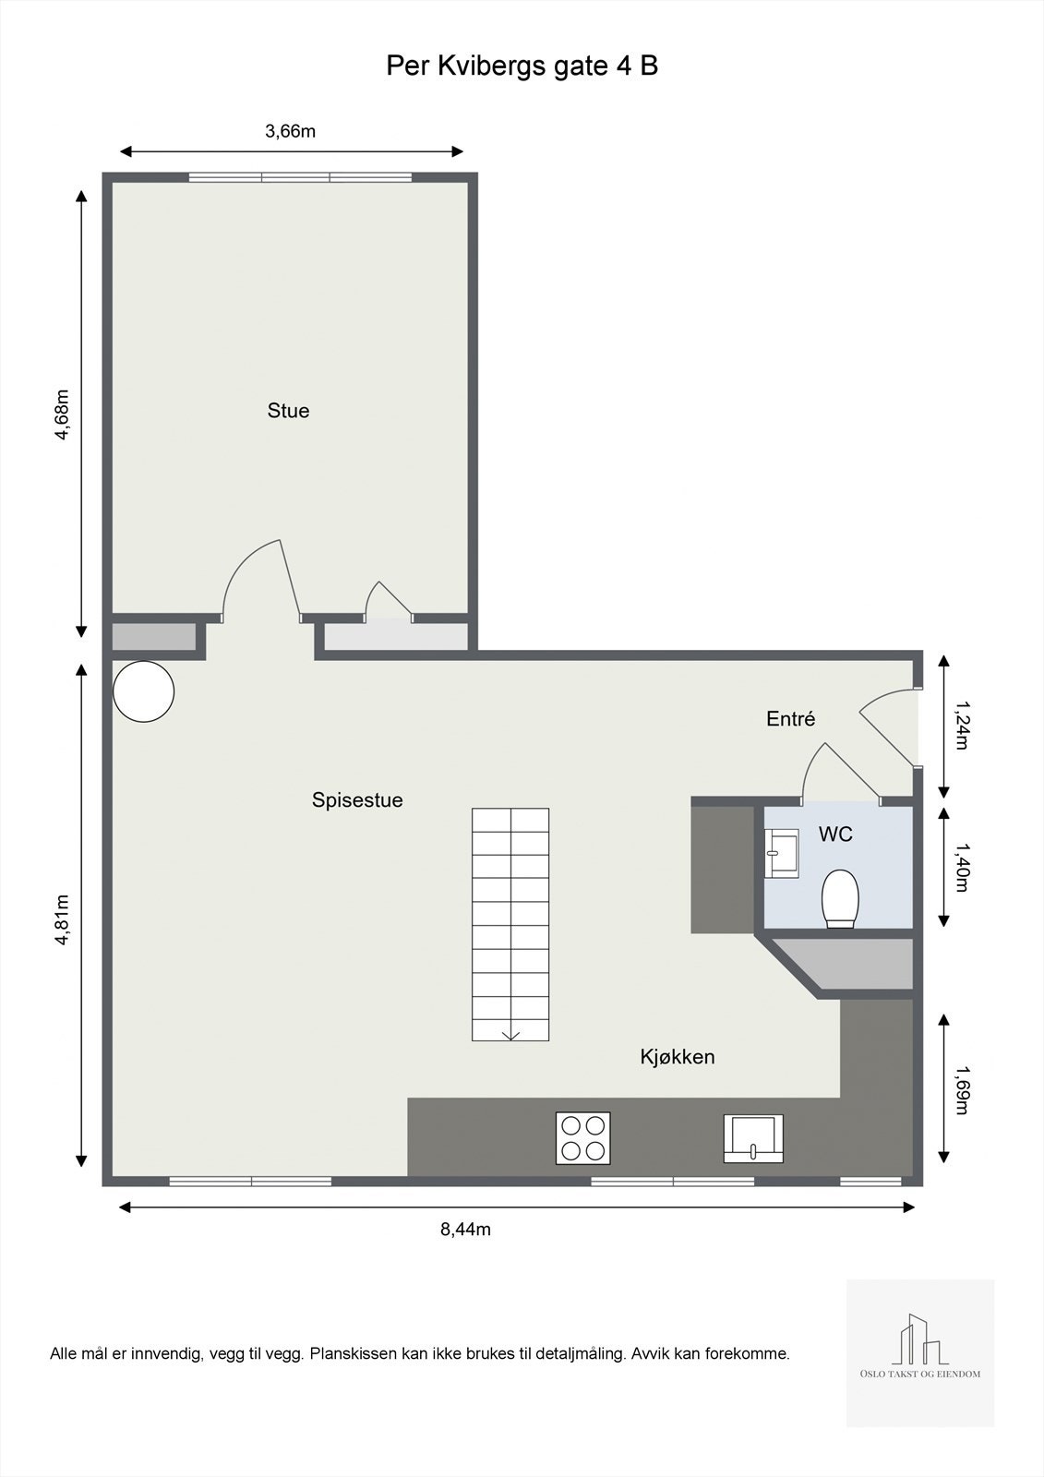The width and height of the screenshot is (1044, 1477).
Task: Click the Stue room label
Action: pyautogui.click(x=288, y=411)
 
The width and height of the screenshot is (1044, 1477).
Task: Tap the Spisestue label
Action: pyautogui.click(x=357, y=800)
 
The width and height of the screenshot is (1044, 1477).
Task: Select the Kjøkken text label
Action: pyautogui.click(x=678, y=1057)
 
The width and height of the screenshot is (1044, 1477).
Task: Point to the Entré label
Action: pyautogui.click(x=791, y=719)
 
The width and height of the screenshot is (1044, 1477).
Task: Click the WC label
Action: pyautogui.click(x=835, y=835)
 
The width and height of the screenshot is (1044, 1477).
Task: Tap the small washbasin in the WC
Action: pyautogui.click(x=781, y=852)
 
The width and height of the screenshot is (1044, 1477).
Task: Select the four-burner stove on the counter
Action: pyautogui.click(x=582, y=1137)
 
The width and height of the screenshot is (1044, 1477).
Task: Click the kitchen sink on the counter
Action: pyautogui.click(x=753, y=1137)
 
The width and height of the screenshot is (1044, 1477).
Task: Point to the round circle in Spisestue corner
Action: pyautogui.click(x=143, y=691)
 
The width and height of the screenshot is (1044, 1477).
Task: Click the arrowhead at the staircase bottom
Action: pyautogui.click(x=510, y=1034)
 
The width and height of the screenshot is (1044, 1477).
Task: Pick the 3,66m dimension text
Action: pyautogui.click(x=290, y=131)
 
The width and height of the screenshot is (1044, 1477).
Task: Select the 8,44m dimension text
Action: pyautogui.click(x=465, y=1229)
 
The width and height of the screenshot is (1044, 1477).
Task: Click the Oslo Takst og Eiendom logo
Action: pyautogui.click(x=920, y=1352)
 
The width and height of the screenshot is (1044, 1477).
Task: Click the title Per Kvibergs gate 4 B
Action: pyautogui.click(x=522, y=66)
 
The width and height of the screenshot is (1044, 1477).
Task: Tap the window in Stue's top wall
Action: pyautogui.click(x=300, y=177)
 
